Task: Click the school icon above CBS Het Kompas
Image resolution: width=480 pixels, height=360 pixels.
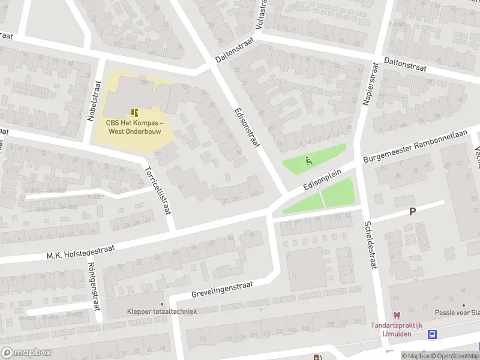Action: click(134, 112)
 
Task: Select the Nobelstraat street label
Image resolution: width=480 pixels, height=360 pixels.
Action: click(94, 100)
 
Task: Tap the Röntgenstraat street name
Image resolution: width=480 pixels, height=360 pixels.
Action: click(92, 287)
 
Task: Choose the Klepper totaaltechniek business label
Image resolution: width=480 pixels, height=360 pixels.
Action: click(162, 311)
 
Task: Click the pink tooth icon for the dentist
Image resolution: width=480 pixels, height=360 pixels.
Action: click(396, 316)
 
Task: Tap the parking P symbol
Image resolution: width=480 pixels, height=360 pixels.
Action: click(412, 211)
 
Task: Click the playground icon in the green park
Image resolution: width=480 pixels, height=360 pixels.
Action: click(308, 160)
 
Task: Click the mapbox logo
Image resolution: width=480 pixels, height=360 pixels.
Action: click(25, 353)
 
